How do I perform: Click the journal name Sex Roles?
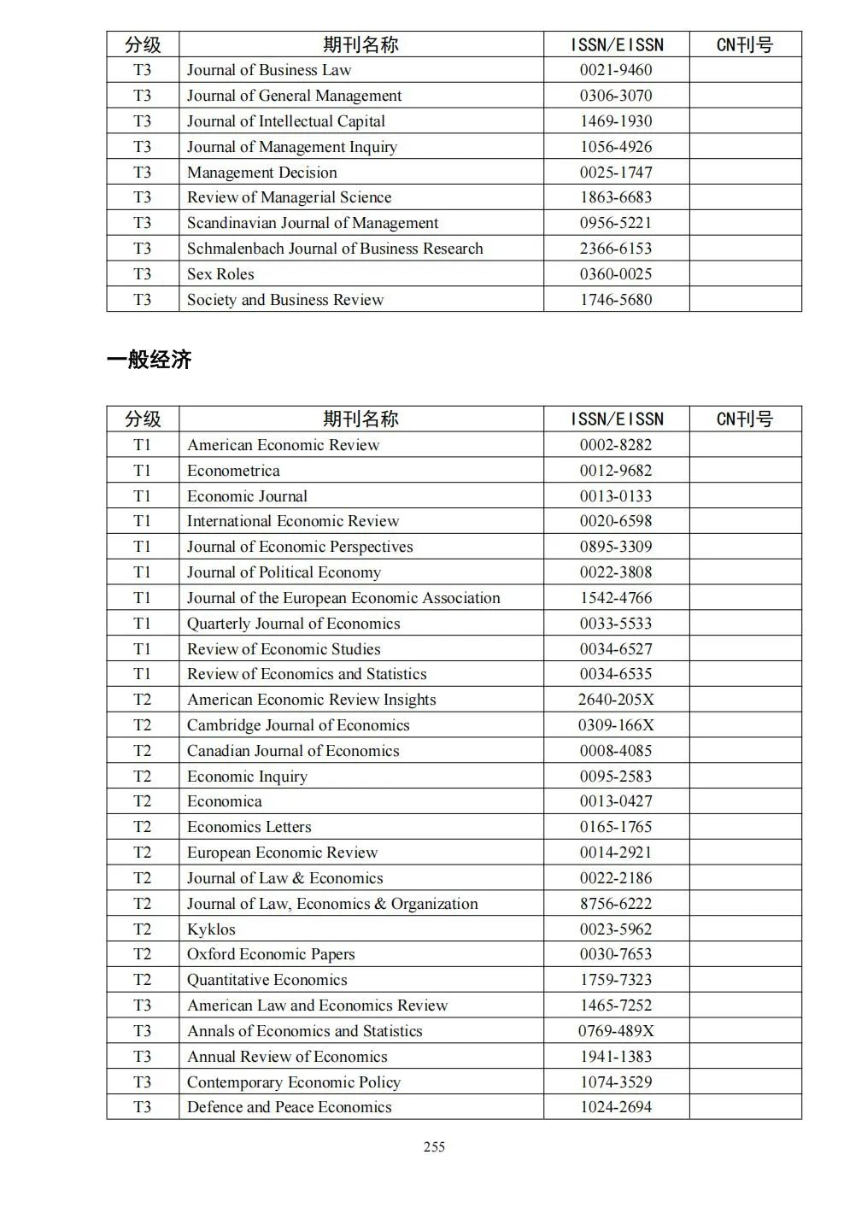[x=220, y=274]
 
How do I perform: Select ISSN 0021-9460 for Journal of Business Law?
[x=615, y=70]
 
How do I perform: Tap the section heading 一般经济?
[x=149, y=360]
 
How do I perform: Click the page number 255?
[x=434, y=1147]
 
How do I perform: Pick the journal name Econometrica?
[x=233, y=471]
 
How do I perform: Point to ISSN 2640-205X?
[x=615, y=700]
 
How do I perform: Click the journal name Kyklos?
[x=211, y=929]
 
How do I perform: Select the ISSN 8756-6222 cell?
[x=615, y=904]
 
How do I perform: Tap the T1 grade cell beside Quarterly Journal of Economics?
[x=142, y=624]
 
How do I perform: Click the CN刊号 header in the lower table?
[x=744, y=419]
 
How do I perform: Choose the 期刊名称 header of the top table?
[x=360, y=44]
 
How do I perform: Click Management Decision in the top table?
[x=261, y=173]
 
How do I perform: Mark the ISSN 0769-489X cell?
[x=615, y=1031]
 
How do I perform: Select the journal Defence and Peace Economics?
[x=289, y=1107]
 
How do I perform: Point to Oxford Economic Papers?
[x=271, y=954]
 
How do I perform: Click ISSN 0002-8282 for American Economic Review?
[x=615, y=445]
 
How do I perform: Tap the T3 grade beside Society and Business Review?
[x=142, y=300]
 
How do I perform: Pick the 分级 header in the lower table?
[x=142, y=419]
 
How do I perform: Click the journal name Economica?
[x=225, y=801]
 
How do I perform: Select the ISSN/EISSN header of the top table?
[x=616, y=44]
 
